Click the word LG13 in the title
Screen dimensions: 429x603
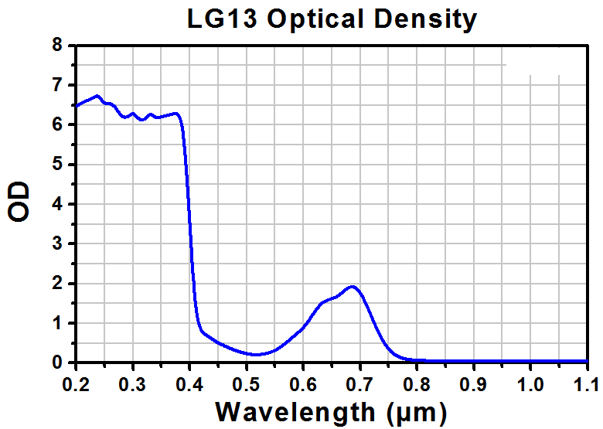pos(224,19)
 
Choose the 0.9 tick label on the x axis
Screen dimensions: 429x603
pos(473,382)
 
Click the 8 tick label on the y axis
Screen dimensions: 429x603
pos(56,45)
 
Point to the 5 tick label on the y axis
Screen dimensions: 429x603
pos(56,164)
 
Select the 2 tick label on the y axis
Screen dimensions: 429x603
pos(56,283)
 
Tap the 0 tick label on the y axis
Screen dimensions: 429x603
pos(56,363)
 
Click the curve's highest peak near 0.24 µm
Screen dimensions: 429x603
pos(97,96)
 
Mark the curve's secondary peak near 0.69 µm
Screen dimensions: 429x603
pos(353,286)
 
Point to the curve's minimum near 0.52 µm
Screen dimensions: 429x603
pos(257,355)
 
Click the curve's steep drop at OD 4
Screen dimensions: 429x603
pos(189,203)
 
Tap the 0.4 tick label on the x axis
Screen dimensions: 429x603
pos(189,382)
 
